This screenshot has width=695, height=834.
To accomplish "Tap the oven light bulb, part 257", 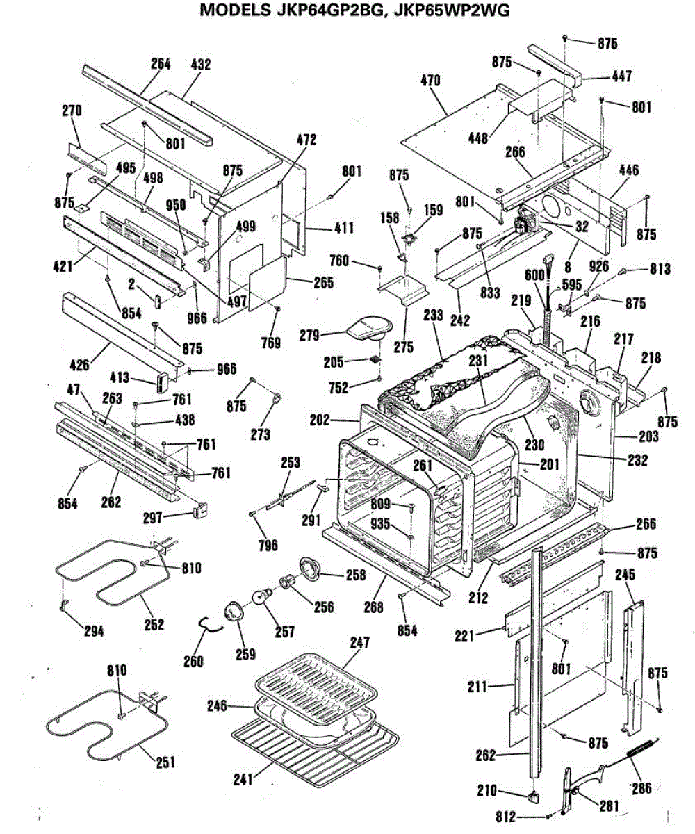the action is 262,598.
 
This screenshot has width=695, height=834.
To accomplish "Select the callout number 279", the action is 309,335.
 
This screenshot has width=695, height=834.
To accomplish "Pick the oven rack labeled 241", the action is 316,746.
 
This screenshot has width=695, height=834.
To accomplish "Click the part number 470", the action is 431,81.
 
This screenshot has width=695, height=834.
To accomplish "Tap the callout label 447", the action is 622,76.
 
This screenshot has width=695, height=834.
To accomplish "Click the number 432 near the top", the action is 201,65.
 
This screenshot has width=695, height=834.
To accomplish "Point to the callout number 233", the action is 434,315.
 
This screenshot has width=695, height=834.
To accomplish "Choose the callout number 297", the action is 153,518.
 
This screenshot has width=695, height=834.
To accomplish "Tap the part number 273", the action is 261,434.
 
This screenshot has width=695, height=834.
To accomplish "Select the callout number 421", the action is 63,265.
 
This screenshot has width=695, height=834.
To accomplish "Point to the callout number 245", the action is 625,575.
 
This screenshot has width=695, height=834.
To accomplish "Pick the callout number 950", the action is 176,205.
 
